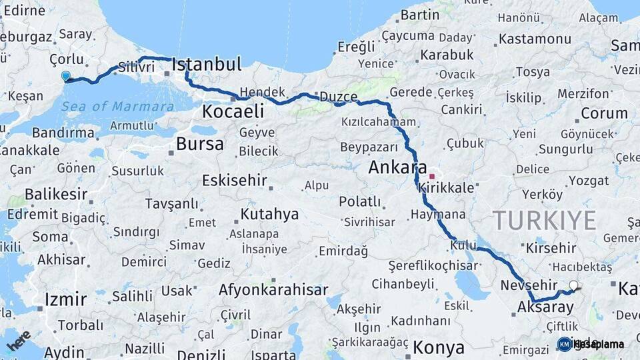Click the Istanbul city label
[206, 65]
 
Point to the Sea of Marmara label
[117, 107]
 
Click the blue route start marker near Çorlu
[65, 76]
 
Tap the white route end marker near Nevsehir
[573, 286]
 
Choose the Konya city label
[438, 347]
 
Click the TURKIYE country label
[545, 221]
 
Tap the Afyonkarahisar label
[273, 290]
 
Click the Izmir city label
[65, 299]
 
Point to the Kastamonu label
[535, 39]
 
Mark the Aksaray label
[545, 307]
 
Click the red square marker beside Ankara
[432, 177]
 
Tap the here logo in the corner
[19, 340]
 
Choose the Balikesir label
[56, 195]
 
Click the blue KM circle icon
[564, 344]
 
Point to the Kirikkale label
[446, 189]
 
